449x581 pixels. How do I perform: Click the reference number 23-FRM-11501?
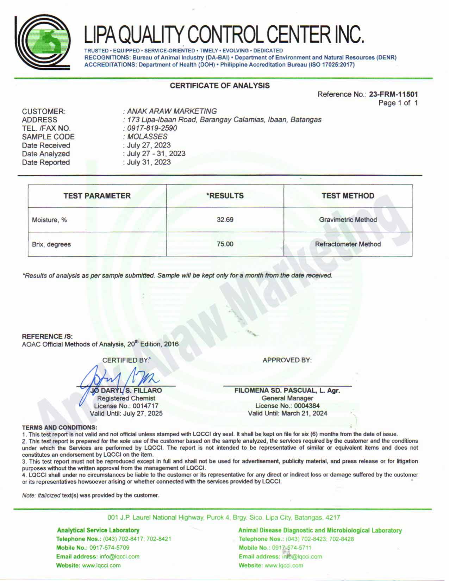tap(393, 94)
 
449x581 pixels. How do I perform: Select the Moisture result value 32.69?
tap(225, 220)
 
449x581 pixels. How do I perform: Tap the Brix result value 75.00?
tap(225, 244)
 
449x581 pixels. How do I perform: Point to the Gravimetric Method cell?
tap(348, 220)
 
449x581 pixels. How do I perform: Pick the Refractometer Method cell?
tap(348, 244)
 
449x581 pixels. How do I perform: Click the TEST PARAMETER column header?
tap(97, 196)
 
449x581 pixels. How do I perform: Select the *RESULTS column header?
tap(225, 196)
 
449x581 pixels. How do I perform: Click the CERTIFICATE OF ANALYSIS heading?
tap(220, 86)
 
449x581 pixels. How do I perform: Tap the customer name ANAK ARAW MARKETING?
tap(172, 111)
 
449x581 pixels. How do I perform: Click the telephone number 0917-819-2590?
tap(152, 128)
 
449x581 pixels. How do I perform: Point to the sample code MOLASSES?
tap(147, 137)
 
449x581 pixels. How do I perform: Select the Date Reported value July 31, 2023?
tap(149, 162)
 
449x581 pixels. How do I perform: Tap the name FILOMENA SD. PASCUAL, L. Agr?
tap(287, 391)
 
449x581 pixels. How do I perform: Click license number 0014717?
tap(144, 406)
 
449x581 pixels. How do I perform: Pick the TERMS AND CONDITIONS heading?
tap(60, 427)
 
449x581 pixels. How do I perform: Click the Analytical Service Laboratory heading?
tap(98, 530)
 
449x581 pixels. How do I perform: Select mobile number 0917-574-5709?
tap(109, 548)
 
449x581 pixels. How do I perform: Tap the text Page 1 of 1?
tap(398, 103)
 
